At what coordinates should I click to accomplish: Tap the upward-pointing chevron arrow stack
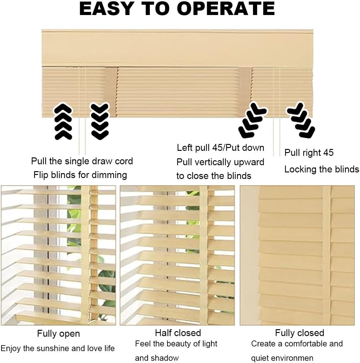tap(63, 122)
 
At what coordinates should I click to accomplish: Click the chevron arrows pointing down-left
tap(252, 120)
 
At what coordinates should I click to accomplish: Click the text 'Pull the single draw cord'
tap(82, 161)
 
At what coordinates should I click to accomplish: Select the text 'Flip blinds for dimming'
tap(80, 175)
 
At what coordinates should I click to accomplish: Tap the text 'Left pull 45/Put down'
tap(221, 148)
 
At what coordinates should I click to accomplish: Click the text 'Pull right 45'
tap(309, 153)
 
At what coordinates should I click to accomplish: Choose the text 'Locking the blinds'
tap(322, 169)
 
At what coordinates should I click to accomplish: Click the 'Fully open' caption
tap(58, 334)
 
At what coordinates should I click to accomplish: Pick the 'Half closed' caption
tap(178, 333)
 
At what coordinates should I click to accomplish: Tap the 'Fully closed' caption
tap(299, 333)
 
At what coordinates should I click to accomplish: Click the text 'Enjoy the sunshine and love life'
tap(58, 348)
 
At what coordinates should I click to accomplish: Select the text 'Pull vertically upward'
tap(220, 162)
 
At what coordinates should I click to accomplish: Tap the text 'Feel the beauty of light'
tap(176, 344)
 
